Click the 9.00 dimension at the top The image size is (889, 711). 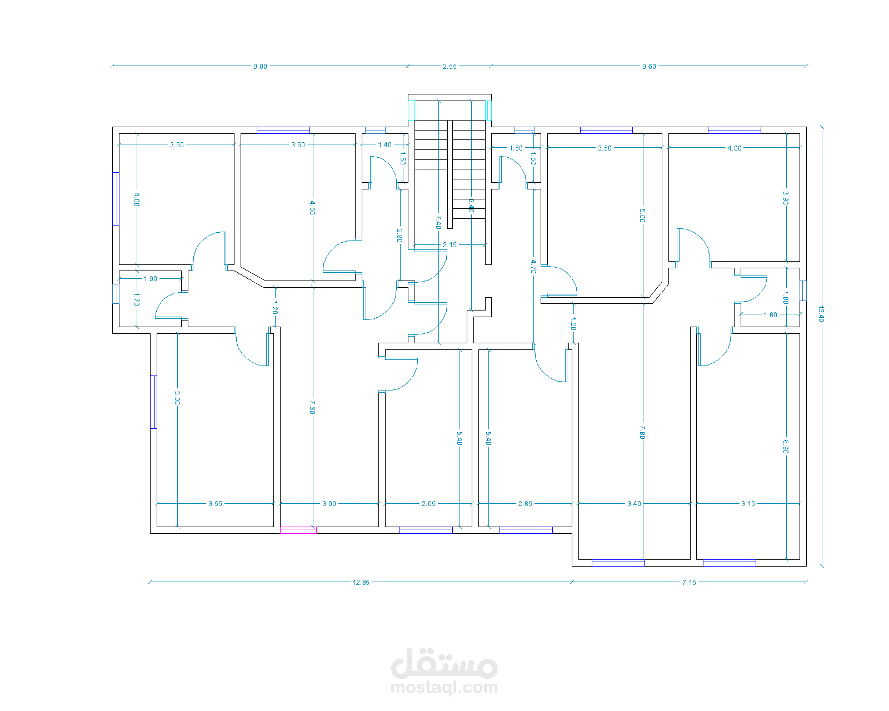(x=260, y=67)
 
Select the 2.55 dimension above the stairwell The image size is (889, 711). (x=450, y=67)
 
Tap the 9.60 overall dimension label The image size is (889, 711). (x=649, y=67)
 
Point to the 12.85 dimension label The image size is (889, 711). (x=361, y=583)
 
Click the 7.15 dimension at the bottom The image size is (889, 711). (x=689, y=583)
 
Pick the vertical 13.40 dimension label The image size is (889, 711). (x=821, y=314)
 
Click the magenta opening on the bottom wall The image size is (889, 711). (x=298, y=530)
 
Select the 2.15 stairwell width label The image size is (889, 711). (x=450, y=245)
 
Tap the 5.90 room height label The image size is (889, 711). (x=177, y=398)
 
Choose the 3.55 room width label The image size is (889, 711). (x=215, y=504)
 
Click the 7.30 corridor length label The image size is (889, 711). (x=313, y=407)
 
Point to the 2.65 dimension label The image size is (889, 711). (x=428, y=504)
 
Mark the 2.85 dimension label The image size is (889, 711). (x=525, y=504)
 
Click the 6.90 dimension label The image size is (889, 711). (x=786, y=447)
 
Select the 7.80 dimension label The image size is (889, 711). (x=642, y=432)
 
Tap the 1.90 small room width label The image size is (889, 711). (x=151, y=279)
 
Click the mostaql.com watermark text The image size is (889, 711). (x=444, y=688)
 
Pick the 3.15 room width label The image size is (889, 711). (x=748, y=504)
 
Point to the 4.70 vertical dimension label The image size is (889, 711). (x=533, y=267)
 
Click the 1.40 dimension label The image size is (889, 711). (x=384, y=145)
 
